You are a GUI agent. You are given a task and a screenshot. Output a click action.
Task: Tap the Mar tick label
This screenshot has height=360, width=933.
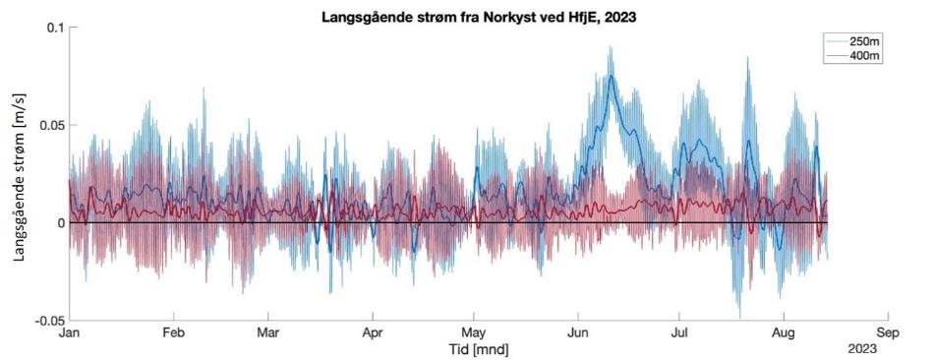(267, 333)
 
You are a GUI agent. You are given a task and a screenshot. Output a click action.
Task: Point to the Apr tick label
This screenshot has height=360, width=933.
(374, 333)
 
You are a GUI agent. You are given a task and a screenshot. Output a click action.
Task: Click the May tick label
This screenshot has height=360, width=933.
(475, 333)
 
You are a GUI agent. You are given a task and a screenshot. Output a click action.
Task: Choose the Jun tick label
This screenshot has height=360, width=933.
(578, 333)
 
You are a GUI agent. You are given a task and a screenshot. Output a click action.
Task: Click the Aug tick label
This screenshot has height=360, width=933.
(784, 333)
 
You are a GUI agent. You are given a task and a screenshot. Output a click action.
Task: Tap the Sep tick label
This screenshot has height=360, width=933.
(888, 333)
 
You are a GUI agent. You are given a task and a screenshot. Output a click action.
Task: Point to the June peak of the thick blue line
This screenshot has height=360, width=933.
(612, 77)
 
